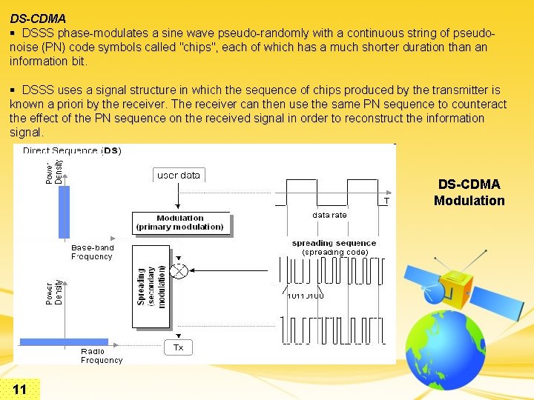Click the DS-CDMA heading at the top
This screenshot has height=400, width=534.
(38, 18)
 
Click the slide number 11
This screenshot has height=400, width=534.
(20, 390)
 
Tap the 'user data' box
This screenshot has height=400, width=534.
(179, 175)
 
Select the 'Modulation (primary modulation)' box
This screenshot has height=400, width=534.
(180, 223)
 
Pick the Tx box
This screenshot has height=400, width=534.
(178, 347)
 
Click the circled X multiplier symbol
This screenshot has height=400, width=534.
(178, 270)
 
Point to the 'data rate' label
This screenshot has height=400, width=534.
(329, 215)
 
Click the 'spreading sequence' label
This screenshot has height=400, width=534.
(334, 243)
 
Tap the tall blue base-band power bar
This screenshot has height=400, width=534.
(64, 212)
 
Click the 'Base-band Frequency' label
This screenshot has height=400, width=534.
(92, 252)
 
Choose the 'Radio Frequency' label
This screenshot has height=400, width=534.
(102, 356)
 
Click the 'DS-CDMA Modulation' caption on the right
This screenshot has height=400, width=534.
(469, 193)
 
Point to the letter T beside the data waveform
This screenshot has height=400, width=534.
(386, 201)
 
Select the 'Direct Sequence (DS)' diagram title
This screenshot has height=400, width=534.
(72, 150)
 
